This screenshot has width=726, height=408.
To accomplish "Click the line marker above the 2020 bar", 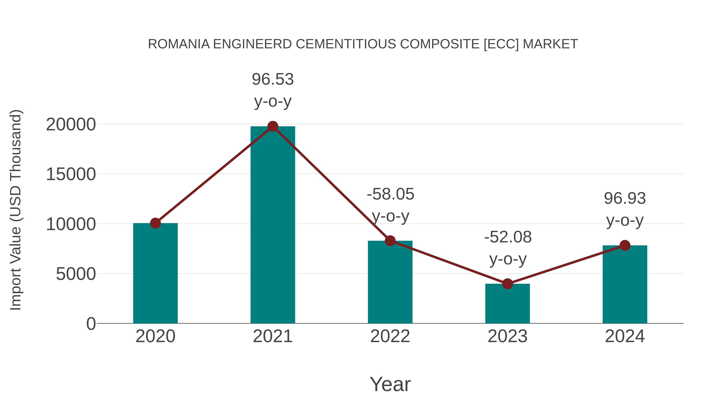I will coord(155,223).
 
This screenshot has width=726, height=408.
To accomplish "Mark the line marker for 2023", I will coord(507,284).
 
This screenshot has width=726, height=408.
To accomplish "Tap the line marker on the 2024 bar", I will coord(625,245).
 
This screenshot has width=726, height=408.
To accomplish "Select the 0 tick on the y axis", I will coord(91,324).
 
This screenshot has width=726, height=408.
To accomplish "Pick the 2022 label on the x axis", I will coord(390,336).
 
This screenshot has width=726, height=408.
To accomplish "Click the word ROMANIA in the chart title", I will coord(179,44).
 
